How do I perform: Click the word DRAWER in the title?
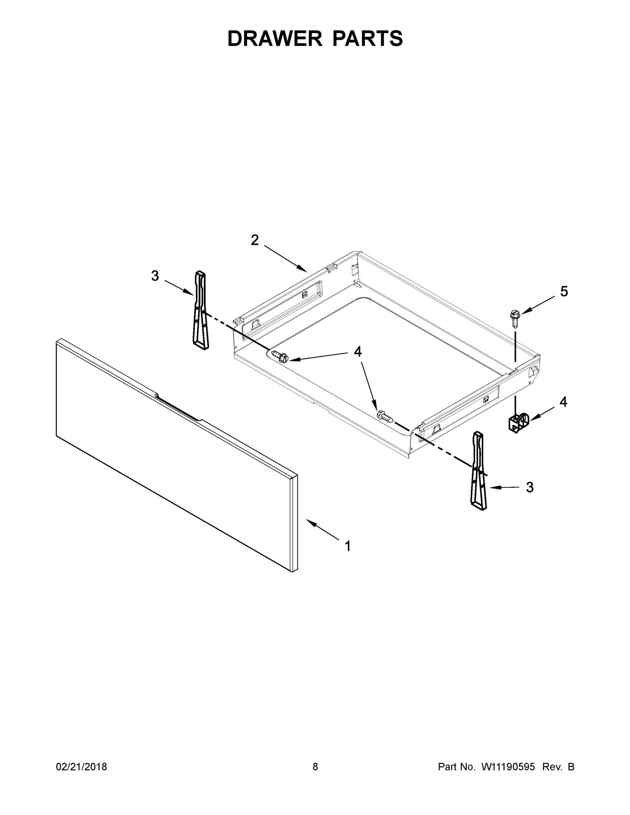click(x=274, y=39)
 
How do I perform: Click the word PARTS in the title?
click(x=367, y=39)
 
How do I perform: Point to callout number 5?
click(x=564, y=291)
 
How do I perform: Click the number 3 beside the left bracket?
click(x=155, y=276)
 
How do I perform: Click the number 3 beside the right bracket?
click(x=529, y=487)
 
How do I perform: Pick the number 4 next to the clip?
click(x=563, y=402)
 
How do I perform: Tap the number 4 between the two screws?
click(x=358, y=351)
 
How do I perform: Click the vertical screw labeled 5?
click(x=515, y=318)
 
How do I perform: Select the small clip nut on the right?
click(x=519, y=422)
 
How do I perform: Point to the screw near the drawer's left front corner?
click(x=280, y=356)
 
